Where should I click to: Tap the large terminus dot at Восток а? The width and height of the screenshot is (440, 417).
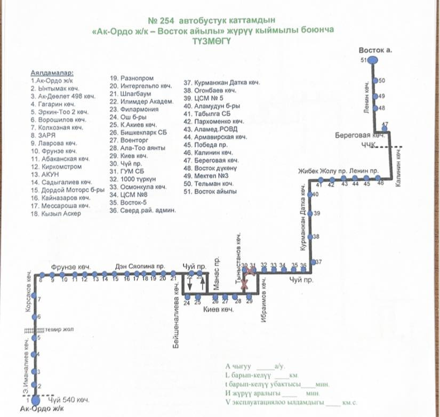(373, 60)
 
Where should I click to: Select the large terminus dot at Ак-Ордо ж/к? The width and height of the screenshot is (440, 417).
(35, 399)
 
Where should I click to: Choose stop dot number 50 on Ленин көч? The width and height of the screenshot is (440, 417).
(374, 81)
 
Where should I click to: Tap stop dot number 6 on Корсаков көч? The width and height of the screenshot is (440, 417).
(35, 318)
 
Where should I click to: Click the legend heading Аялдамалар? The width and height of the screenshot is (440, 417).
(52, 72)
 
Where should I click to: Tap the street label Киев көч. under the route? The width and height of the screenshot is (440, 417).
(219, 309)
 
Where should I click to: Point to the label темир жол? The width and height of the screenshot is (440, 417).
(59, 330)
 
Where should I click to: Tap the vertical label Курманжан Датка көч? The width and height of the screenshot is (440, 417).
(303, 221)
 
